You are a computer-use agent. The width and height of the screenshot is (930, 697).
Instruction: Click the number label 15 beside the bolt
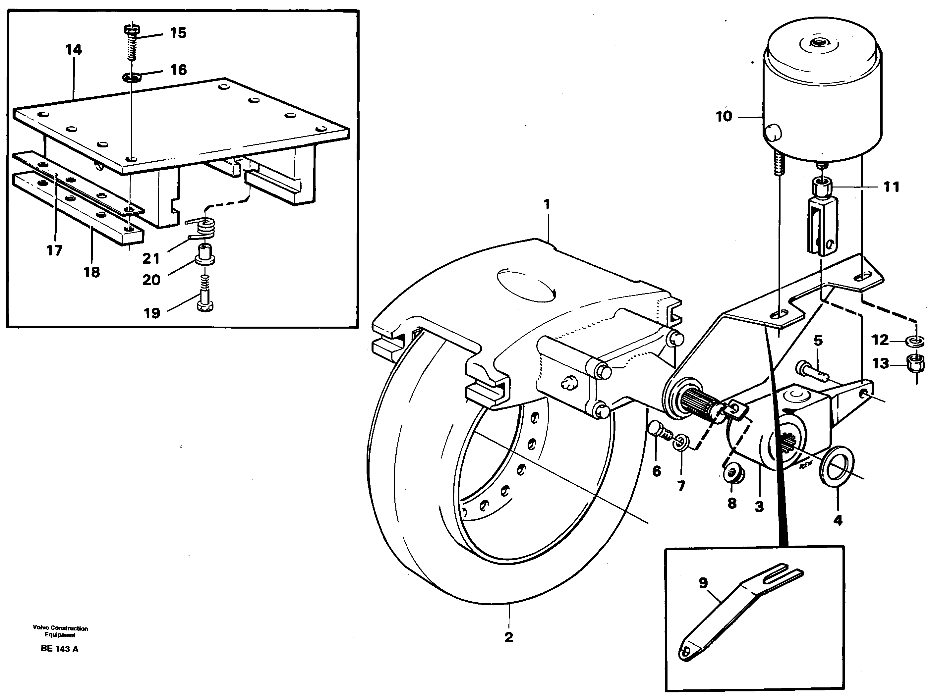pyautogui.click(x=178, y=33)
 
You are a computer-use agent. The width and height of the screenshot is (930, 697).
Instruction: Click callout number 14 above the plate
pyautogui.click(x=74, y=50)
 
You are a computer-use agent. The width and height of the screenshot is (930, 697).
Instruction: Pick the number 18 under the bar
pyautogui.click(x=92, y=272)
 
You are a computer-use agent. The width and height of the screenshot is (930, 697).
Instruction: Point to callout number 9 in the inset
pyautogui.click(x=703, y=583)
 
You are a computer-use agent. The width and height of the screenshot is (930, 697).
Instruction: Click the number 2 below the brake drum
pyautogui.click(x=509, y=637)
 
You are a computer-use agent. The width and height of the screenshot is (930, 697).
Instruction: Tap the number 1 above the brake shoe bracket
pyautogui.click(x=546, y=205)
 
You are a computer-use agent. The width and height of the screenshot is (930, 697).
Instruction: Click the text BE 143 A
pyautogui.click(x=59, y=649)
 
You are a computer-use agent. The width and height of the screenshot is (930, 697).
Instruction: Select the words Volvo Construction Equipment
pyautogui.click(x=60, y=632)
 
